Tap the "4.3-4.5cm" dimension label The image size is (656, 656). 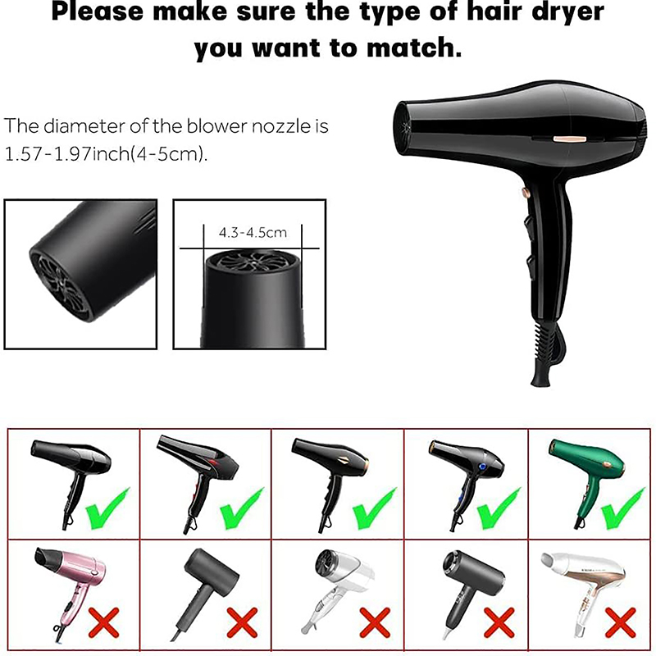click(253, 232)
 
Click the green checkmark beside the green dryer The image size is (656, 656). click(622, 509)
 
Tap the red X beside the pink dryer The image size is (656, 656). click(104, 623)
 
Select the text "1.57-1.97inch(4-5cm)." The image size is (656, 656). click(106, 154)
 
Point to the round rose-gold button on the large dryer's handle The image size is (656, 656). click(525, 193)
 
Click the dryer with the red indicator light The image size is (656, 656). click(196, 481)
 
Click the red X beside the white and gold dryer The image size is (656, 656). click(620, 623)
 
